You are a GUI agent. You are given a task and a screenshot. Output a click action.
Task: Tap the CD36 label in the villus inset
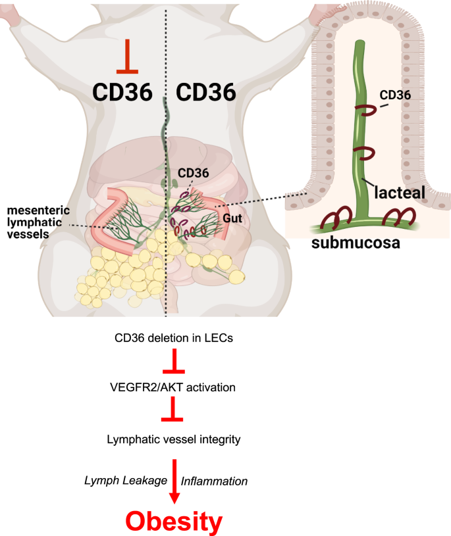395,95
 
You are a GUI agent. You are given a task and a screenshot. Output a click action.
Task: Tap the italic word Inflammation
215,481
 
